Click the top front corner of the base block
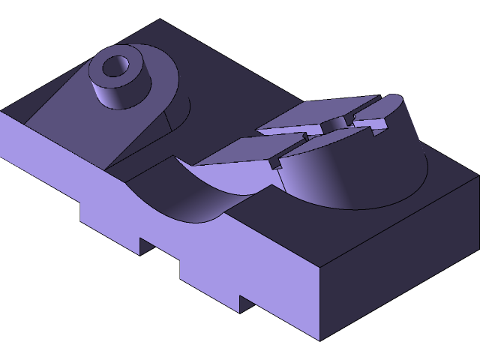click(x=321, y=267)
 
